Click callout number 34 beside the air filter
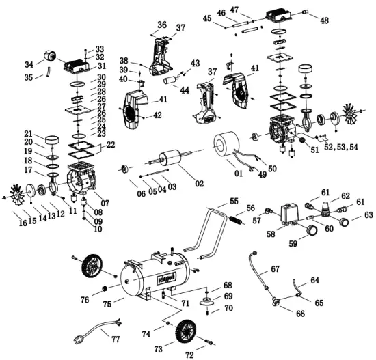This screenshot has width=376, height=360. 28,65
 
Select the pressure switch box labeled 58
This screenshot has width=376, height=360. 288,214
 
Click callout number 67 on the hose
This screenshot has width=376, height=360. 276,269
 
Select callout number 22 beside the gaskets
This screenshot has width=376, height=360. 111,144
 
